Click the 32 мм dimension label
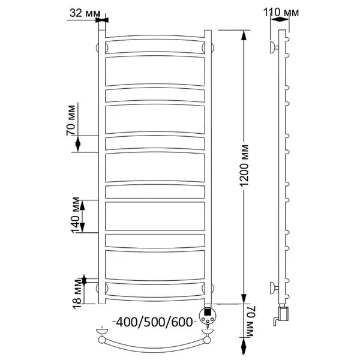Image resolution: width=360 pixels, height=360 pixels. tap(85, 13)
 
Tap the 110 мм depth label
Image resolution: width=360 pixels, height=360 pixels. tap(281, 13)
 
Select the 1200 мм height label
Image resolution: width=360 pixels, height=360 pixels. tap(244, 166)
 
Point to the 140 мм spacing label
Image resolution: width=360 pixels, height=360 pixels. tap(76, 215)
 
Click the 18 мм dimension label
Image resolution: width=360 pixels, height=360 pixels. tap(77, 294)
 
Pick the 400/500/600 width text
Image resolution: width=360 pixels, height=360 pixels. tap(154, 322)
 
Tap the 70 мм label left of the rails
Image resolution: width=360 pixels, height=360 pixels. tap(71, 120)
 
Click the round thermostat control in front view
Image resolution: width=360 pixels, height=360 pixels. tap(208, 316)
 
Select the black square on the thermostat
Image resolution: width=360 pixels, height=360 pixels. tap(208, 312)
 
